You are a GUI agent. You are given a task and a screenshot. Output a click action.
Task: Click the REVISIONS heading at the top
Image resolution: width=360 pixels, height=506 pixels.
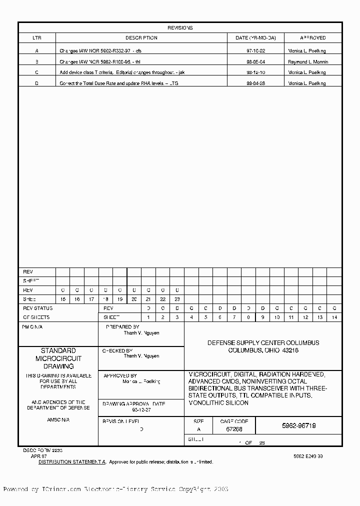(x=180, y=28)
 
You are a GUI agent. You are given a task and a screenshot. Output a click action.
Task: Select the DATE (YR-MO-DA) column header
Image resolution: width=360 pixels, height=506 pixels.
(x=255, y=38)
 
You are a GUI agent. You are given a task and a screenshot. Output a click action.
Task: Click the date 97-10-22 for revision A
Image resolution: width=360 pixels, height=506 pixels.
(x=255, y=51)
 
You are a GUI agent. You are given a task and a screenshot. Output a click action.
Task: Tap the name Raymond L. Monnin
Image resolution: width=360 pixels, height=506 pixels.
(x=308, y=62)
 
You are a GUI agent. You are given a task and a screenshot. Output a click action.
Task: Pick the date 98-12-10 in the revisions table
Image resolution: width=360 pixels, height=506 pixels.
(x=255, y=72)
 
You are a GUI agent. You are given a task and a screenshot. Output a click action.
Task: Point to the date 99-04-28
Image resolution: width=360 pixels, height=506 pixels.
(x=255, y=83)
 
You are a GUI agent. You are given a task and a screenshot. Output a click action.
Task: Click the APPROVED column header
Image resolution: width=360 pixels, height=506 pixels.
(x=313, y=38)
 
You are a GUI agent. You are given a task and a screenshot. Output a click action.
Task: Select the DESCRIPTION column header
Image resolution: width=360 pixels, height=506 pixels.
(x=141, y=38)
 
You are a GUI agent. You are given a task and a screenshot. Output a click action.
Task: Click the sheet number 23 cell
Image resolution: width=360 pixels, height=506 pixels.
(x=177, y=299)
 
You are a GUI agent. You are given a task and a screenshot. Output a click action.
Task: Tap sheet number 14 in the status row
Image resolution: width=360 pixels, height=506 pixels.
(x=334, y=317)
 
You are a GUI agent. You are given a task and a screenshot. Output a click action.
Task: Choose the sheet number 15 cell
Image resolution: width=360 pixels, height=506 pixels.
(x=62, y=299)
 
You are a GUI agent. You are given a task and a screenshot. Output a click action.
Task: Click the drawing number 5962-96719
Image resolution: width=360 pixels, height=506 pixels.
(x=298, y=426)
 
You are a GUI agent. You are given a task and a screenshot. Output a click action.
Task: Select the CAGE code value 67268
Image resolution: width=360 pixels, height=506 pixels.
(x=234, y=429)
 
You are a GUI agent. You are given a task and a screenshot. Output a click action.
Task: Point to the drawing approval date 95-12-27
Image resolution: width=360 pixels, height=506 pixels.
(x=141, y=409)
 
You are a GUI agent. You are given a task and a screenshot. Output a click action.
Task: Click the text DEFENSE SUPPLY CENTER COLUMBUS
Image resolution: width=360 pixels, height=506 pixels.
(x=263, y=343)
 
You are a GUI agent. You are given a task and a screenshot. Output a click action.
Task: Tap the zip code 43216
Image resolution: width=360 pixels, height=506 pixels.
(x=290, y=350)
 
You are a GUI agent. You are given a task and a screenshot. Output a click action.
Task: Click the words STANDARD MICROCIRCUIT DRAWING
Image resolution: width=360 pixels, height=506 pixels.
(x=58, y=358)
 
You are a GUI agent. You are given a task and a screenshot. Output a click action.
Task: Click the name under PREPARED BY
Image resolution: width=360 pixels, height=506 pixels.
(x=141, y=333)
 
